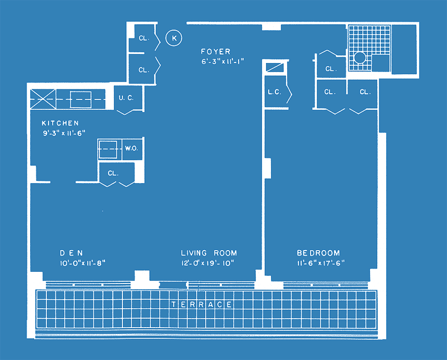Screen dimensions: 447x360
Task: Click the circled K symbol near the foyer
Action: coord(174,38)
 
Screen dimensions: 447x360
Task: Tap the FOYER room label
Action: coord(216,51)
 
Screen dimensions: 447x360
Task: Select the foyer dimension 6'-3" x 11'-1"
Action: coord(222,61)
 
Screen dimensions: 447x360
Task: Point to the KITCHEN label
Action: coord(60,123)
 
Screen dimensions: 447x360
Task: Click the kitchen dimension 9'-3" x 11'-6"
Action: coord(64,133)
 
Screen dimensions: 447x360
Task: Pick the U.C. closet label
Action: coord(126,98)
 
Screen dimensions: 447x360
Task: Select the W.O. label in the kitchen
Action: coord(131,148)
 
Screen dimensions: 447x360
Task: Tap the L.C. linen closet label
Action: coord(274,92)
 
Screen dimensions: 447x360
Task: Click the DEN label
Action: coord(72,253)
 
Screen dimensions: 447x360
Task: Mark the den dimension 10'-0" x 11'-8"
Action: coord(82,263)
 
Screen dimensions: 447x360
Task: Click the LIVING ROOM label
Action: coord(209,253)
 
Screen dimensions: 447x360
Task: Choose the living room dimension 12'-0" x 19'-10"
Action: coord(208,263)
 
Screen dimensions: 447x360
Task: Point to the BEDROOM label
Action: coord(318,253)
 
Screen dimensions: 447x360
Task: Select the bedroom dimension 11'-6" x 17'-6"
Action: coord(321,263)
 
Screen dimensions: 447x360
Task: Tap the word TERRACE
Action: coord(202,304)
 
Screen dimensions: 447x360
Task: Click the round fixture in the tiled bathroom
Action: coord(360,57)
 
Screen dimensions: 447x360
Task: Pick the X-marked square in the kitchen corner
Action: coord(43,99)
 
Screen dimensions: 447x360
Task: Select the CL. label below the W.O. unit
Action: coord(113,173)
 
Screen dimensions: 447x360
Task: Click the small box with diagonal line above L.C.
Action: coord(275,68)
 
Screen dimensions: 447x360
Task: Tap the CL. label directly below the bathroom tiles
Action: coord(365,92)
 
